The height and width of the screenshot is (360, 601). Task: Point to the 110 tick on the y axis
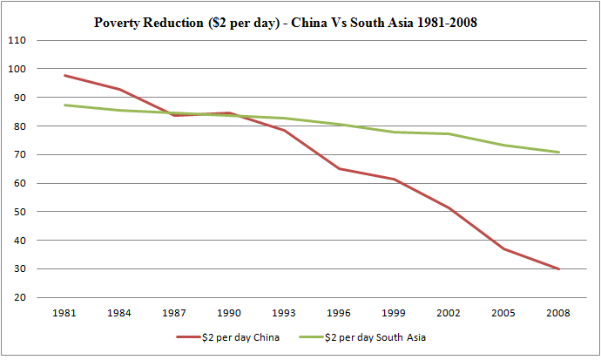[17, 40]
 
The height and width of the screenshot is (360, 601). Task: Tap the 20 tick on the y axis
[17, 297]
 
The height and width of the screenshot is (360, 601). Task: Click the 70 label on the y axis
[17, 154]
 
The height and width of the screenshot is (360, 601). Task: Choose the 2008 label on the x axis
[558, 313]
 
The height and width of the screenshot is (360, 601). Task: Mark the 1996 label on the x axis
[339, 313]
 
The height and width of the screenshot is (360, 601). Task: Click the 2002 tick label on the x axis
[449, 313]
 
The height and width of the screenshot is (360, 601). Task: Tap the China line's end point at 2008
[558, 269]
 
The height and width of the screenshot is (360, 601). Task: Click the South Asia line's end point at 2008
[558, 153]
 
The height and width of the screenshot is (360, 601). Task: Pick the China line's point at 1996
[339, 168]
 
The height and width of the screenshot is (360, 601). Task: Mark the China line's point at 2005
[503, 248]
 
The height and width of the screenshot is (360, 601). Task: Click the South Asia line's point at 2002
[449, 133]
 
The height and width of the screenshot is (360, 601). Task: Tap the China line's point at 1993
[284, 130]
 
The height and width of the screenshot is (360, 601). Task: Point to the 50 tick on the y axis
[17, 212]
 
